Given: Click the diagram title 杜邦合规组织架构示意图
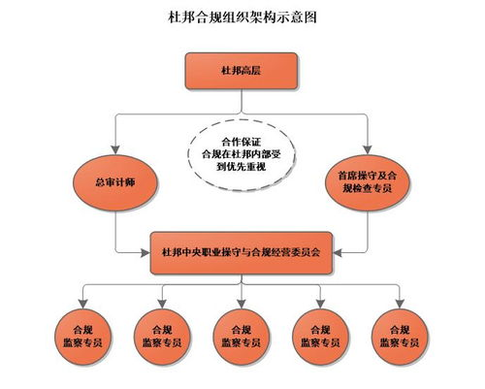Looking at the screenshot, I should point(242,17).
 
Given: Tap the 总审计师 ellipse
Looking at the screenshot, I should point(115,180).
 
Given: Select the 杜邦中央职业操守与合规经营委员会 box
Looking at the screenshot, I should point(242,251).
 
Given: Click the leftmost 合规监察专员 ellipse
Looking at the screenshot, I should point(80,330).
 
